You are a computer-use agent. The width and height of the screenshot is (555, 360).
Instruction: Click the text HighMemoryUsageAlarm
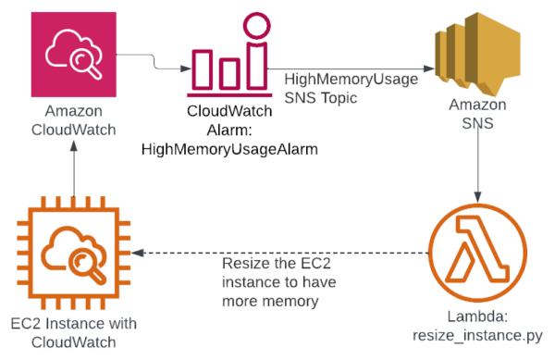tap(230, 149)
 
